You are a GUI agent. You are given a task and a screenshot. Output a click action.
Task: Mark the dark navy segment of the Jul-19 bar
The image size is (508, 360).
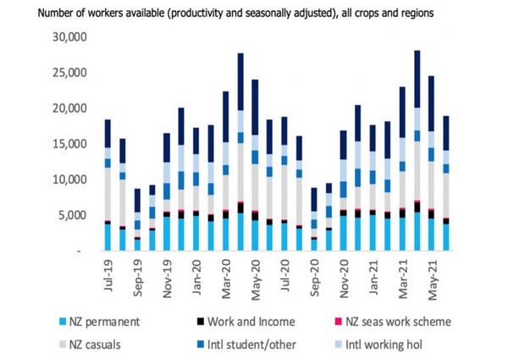point(108,133)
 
